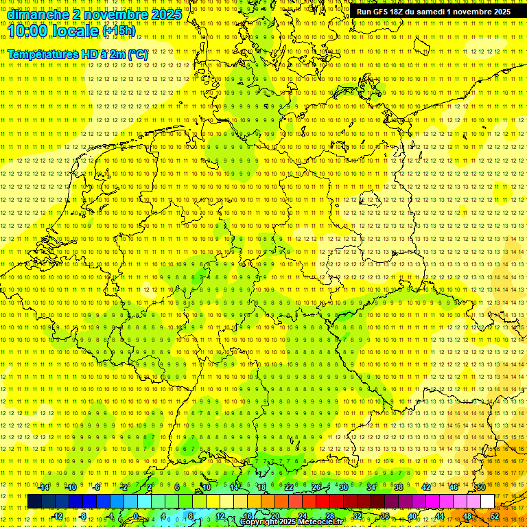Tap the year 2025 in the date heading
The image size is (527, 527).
point(165,14)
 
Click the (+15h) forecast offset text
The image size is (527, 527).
point(119,31)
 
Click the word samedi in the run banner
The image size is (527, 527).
point(428,12)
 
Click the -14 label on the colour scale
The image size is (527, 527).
point(44,487)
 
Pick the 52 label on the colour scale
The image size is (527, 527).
point(495,516)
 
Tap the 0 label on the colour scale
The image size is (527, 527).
point(136,516)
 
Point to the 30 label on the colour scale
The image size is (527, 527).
point(344,487)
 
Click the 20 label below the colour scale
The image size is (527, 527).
point(274,516)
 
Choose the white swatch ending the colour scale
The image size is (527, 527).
point(487,502)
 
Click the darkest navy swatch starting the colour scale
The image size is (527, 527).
point(34,502)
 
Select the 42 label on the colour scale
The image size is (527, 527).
point(426,487)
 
